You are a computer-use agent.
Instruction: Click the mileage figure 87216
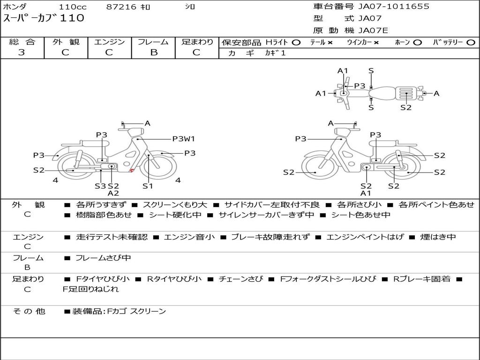121,7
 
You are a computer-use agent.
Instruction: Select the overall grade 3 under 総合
22,52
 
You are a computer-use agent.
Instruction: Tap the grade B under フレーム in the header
154,52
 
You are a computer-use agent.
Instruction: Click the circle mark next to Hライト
296,43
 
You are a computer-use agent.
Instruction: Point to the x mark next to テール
330,43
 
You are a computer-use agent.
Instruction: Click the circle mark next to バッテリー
471,43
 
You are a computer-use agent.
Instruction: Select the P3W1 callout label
183,139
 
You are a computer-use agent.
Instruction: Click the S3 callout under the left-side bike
100,186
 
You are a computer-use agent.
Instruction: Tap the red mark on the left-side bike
132,170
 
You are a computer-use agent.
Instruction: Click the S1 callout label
148,186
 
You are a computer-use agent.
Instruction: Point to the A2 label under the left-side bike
113,193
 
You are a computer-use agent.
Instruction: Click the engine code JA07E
373,30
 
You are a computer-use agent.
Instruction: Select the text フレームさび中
103,258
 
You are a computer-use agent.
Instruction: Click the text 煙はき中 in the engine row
438,237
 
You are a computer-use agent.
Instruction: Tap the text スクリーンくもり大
175,205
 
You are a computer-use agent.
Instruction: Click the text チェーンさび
240,279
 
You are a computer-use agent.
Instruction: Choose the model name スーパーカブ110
44,18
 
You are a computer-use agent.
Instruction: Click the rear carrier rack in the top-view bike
406,93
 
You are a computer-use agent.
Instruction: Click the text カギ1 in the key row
275,53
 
